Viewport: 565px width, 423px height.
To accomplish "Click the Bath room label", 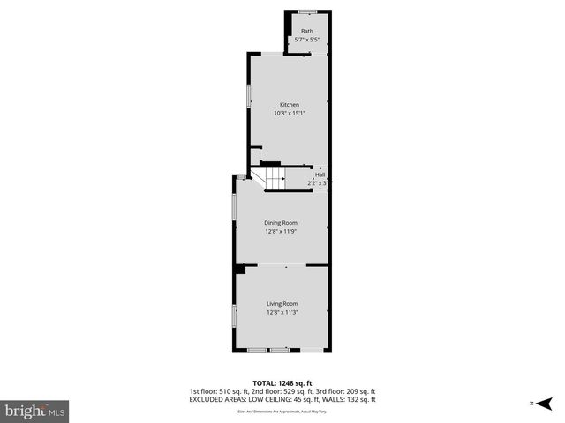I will (x=306, y=32).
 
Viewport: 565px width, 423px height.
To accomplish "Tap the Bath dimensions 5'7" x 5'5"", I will (x=306, y=40).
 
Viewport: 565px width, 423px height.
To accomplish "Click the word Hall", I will (x=320, y=174).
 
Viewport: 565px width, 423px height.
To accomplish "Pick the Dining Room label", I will (x=282, y=223).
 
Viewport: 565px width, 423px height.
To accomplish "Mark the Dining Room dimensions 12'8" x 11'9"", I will (x=282, y=231).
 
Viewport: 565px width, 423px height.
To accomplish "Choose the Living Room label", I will (x=282, y=304).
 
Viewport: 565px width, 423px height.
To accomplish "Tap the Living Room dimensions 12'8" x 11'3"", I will (x=282, y=312).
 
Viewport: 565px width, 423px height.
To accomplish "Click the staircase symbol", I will (x=274, y=180).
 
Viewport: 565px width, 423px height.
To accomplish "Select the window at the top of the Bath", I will (x=307, y=11).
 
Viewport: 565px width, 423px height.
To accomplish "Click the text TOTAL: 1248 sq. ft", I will (x=282, y=383).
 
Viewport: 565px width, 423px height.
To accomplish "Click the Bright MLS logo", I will (x=35, y=410).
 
